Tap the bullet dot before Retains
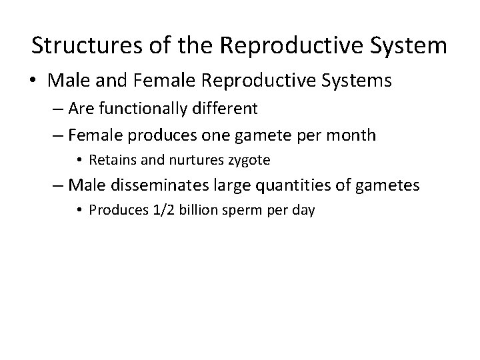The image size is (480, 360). click(81, 161)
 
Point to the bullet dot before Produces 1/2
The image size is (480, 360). click(81, 211)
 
